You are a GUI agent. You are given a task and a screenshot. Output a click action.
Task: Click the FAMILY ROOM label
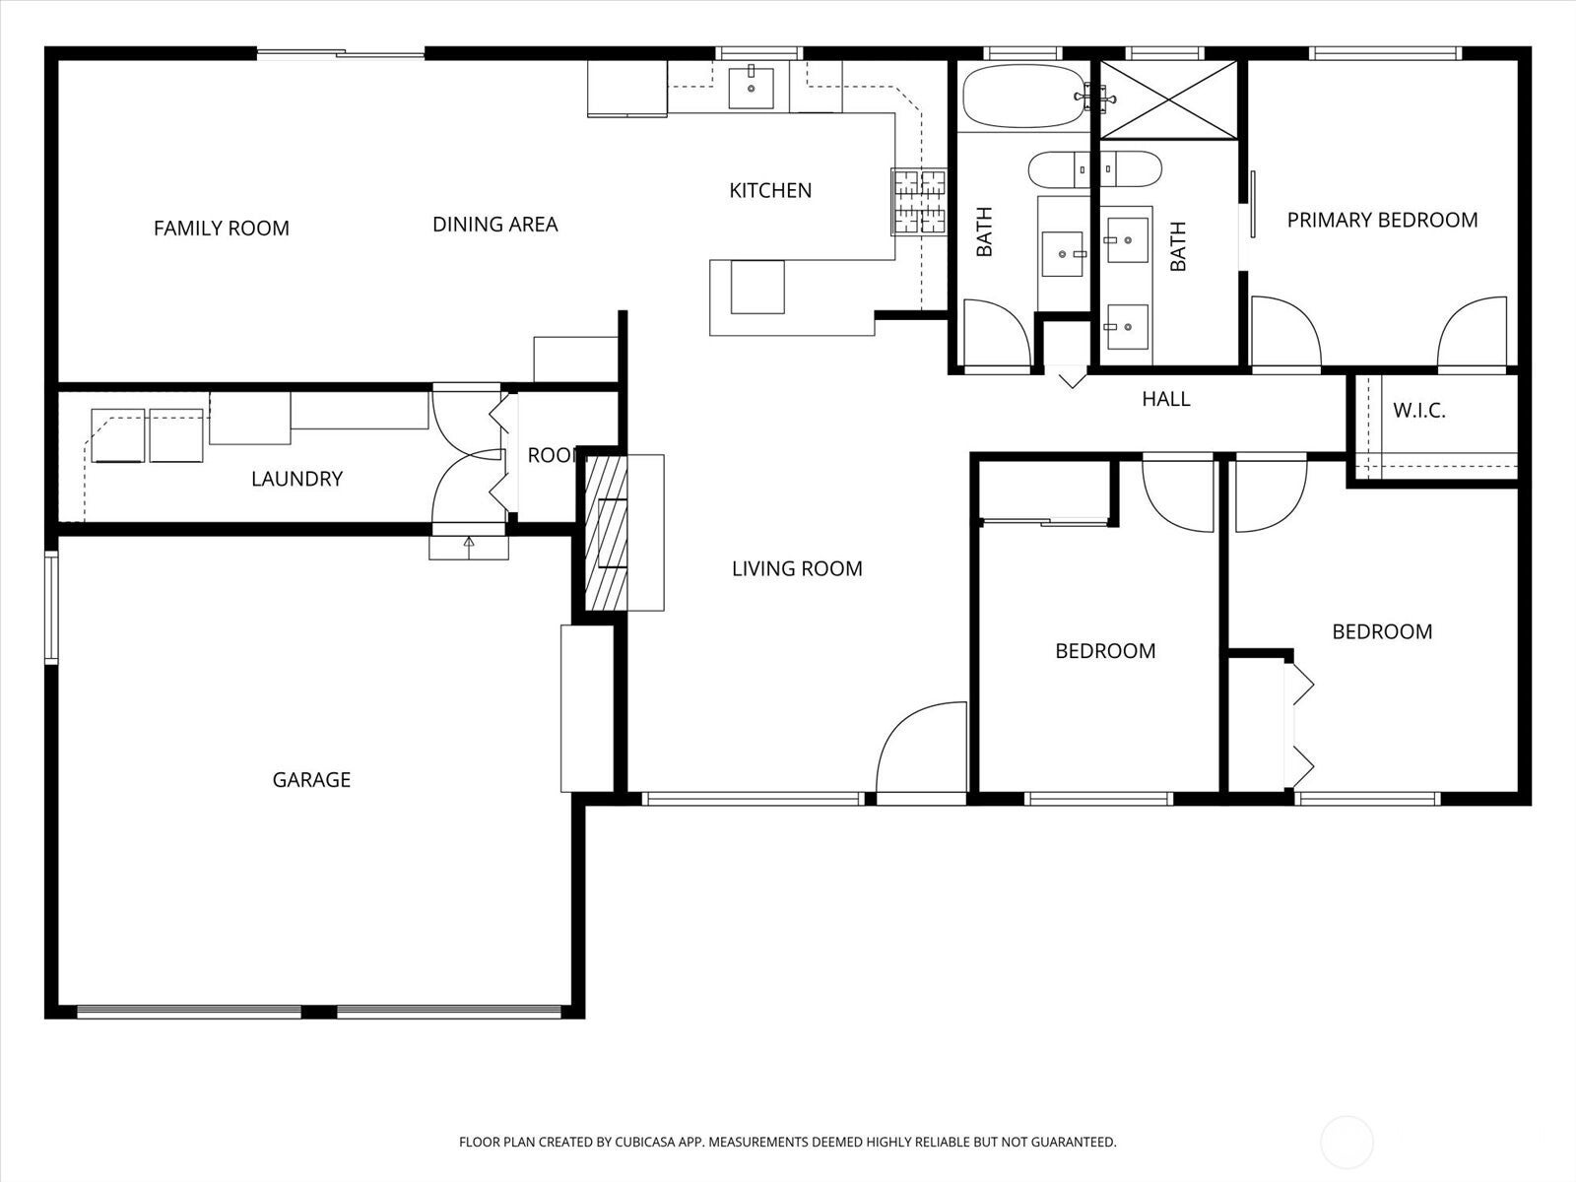coord(222,229)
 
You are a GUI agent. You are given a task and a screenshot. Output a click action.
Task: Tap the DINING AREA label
coord(494,225)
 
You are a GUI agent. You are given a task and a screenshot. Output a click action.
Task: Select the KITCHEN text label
coord(770,190)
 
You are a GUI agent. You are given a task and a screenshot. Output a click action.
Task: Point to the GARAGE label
coord(311,779)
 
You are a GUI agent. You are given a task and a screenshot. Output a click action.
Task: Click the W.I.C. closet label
coord(1418,411)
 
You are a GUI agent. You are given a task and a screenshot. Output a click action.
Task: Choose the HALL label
coord(1166,399)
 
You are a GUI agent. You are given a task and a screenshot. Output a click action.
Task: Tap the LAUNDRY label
coord(297,479)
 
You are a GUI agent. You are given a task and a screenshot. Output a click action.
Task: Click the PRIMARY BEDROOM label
coord(1382,221)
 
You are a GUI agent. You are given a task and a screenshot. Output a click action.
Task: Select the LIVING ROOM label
coord(797,569)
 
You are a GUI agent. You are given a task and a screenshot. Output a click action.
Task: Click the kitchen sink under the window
coord(751,89)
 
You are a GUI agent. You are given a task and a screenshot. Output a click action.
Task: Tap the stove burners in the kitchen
coord(919,202)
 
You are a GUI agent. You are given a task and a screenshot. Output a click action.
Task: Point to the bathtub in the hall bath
coord(1024,97)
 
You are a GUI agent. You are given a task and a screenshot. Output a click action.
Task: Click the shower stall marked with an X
coord(1169,99)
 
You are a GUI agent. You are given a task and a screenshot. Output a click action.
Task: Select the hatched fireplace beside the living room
coord(606,533)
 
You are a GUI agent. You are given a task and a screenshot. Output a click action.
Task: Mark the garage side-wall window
coord(50,607)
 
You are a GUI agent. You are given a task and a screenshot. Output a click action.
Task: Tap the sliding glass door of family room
coord(341,53)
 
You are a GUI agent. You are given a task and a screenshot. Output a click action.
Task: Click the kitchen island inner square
coord(757,287)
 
